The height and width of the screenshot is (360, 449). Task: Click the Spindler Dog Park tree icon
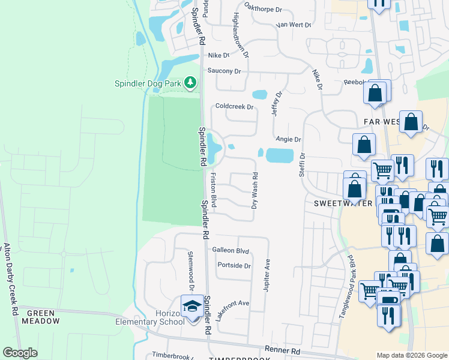(x=191, y=82)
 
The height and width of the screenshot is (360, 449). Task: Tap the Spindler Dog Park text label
(x=148, y=84)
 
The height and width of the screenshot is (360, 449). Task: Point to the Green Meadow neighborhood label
(x=43, y=317)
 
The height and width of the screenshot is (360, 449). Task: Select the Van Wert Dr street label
(x=294, y=25)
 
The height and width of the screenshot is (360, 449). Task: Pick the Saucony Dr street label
(x=224, y=71)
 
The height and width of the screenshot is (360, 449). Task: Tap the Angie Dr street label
(x=288, y=139)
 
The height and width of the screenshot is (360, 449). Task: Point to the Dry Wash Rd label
(x=255, y=191)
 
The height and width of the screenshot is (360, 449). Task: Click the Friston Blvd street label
(x=213, y=191)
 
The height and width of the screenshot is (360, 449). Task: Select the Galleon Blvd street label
(x=230, y=250)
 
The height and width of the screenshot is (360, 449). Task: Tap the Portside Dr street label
(x=234, y=266)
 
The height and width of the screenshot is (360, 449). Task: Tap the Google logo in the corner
(x=20, y=353)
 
